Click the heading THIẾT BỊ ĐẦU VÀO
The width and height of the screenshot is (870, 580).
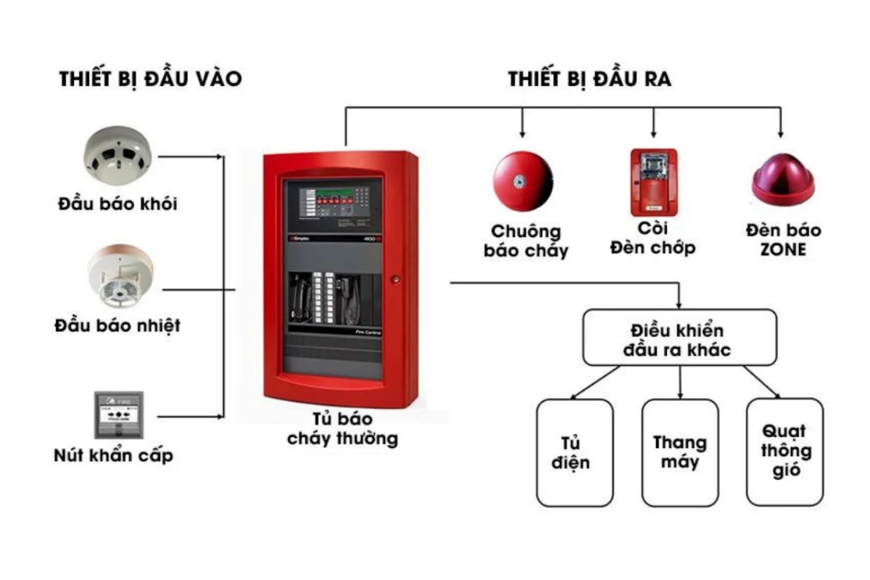[150, 80]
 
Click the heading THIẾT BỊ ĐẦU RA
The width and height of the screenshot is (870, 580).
[589, 80]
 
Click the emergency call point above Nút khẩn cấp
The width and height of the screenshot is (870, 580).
[119, 415]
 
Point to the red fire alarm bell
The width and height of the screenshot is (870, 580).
[523, 180]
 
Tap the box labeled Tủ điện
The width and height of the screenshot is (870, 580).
[575, 452]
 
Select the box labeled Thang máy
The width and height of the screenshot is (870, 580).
[680, 452]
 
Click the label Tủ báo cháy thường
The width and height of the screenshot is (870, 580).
[342, 429]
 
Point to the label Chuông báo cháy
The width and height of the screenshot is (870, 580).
[526, 241]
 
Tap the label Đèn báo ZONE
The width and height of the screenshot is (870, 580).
[783, 240]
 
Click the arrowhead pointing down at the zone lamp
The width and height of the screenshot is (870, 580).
[780, 133]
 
